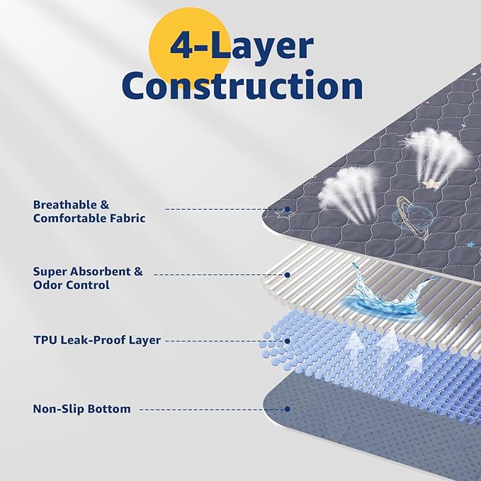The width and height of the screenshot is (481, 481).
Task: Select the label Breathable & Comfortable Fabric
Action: click(x=89, y=211)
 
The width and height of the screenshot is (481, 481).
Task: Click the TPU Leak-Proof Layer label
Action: click(x=96, y=340)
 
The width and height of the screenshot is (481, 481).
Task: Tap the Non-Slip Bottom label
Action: click(x=81, y=409)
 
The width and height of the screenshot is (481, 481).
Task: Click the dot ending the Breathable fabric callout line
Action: click(x=288, y=209)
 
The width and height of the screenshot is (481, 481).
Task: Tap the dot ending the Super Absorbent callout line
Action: click(x=288, y=274)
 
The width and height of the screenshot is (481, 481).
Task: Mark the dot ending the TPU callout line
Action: click(x=288, y=341)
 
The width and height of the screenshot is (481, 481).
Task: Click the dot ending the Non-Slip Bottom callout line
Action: click(x=288, y=409)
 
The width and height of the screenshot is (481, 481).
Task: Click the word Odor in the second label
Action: click(x=49, y=285)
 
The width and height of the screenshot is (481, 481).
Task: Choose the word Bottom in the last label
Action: click(x=109, y=409)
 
